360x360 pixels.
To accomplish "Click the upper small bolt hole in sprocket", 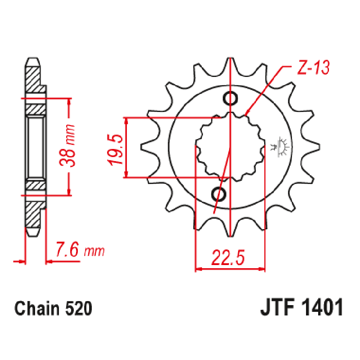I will coord(231,98).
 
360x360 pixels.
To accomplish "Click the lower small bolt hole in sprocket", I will coord(220,194).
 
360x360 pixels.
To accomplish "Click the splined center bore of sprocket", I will coord(229,146).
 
